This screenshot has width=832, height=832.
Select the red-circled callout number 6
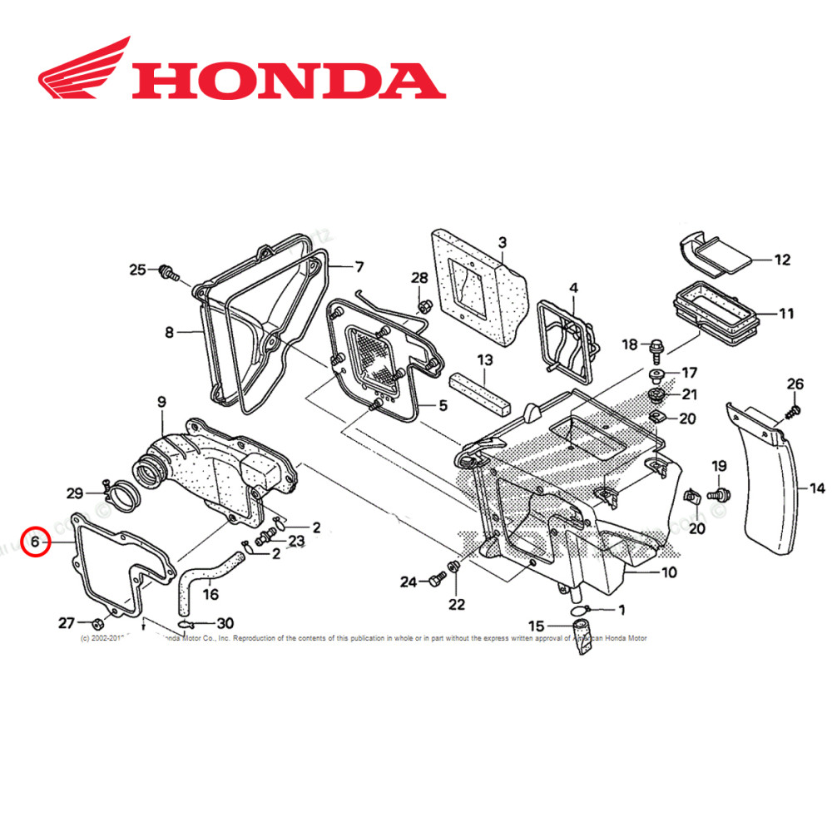(35, 542)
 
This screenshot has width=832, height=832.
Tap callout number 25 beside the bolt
(136, 269)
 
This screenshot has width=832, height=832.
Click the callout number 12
(781, 260)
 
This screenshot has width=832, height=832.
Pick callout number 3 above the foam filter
(502, 242)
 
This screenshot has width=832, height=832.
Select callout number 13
(484, 359)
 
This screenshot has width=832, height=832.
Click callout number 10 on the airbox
(669, 572)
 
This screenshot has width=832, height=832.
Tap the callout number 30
(225, 623)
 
